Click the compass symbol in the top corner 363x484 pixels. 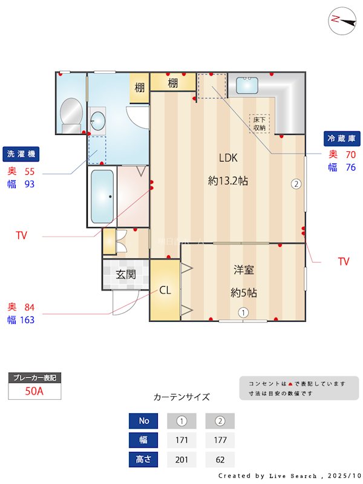click(x=342, y=19)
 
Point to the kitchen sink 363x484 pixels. click(x=247, y=85)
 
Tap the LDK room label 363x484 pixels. click(x=228, y=158)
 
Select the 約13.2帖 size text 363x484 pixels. click(x=228, y=180)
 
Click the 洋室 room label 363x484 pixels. click(x=244, y=270)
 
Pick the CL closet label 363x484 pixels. click(x=165, y=290)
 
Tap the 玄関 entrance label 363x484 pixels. click(x=125, y=274)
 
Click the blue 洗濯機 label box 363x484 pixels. click(x=21, y=154)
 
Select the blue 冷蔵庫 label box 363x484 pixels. click(x=342, y=139)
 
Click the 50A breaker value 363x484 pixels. click(x=34, y=391)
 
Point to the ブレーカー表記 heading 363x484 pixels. click(x=34, y=378)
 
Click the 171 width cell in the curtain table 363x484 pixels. click(x=181, y=440)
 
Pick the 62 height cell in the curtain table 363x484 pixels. click(x=220, y=460)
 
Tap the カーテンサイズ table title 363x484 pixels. click(x=181, y=397)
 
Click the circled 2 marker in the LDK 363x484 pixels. click(x=296, y=185)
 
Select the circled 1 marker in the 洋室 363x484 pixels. click(x=243, y=313)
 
